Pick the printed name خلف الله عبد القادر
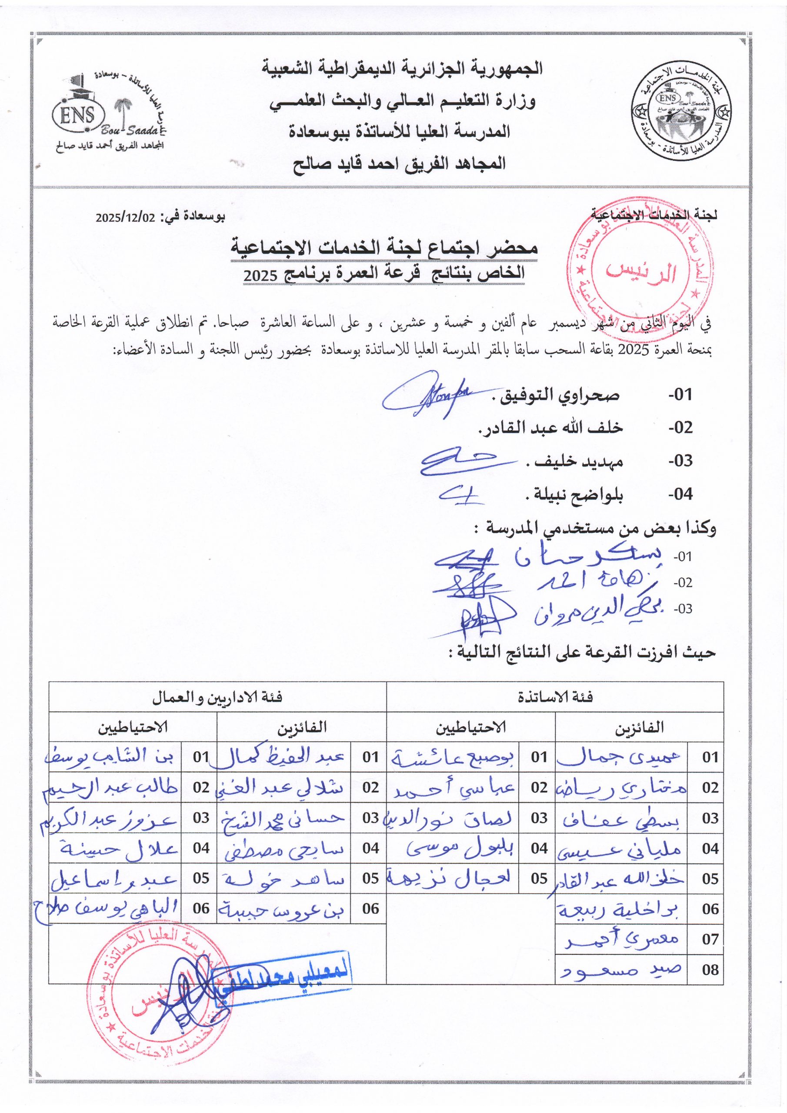551,429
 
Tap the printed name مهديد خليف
575,461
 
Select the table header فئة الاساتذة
555,697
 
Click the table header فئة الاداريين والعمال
218,697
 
